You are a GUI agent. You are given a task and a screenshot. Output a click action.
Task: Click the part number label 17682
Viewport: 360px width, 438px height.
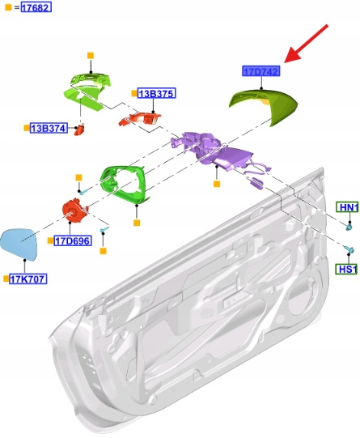[x=36, y=7]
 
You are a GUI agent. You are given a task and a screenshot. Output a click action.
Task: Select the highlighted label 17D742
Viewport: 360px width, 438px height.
[x=261, y=71]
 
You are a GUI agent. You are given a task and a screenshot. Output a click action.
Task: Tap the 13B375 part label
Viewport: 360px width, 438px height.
[x=157, y=93]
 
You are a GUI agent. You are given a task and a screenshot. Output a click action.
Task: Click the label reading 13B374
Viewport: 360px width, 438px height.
[x=49, y=128]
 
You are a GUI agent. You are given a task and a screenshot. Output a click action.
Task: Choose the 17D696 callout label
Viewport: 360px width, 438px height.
[x=73, y=240]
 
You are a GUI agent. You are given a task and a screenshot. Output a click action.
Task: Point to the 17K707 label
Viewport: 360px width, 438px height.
[x=28, y=279]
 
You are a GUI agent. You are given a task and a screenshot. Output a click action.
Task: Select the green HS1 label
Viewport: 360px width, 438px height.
[x=347, y=270]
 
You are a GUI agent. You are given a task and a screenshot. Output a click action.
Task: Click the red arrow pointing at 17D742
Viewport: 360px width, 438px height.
[x=306, y=43]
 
